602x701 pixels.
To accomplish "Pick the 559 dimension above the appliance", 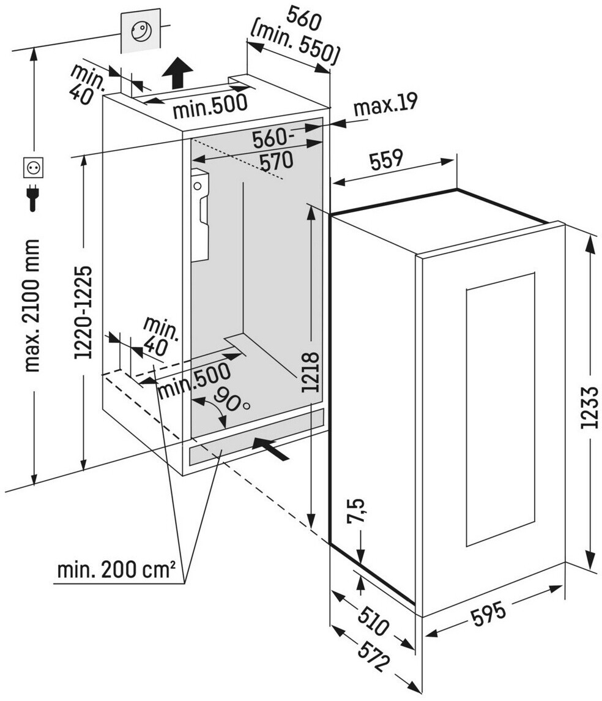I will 385,160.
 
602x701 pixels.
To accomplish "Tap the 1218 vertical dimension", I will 312,372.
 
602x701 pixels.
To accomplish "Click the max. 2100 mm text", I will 32,306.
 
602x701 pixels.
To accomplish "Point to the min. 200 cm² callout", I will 116,571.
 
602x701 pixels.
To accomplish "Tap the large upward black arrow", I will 177,72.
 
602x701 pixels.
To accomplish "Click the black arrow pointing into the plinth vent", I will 271,449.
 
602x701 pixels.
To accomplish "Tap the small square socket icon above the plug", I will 32,167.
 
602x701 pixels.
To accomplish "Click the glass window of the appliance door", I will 500,410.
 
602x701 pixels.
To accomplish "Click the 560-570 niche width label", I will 275,151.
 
